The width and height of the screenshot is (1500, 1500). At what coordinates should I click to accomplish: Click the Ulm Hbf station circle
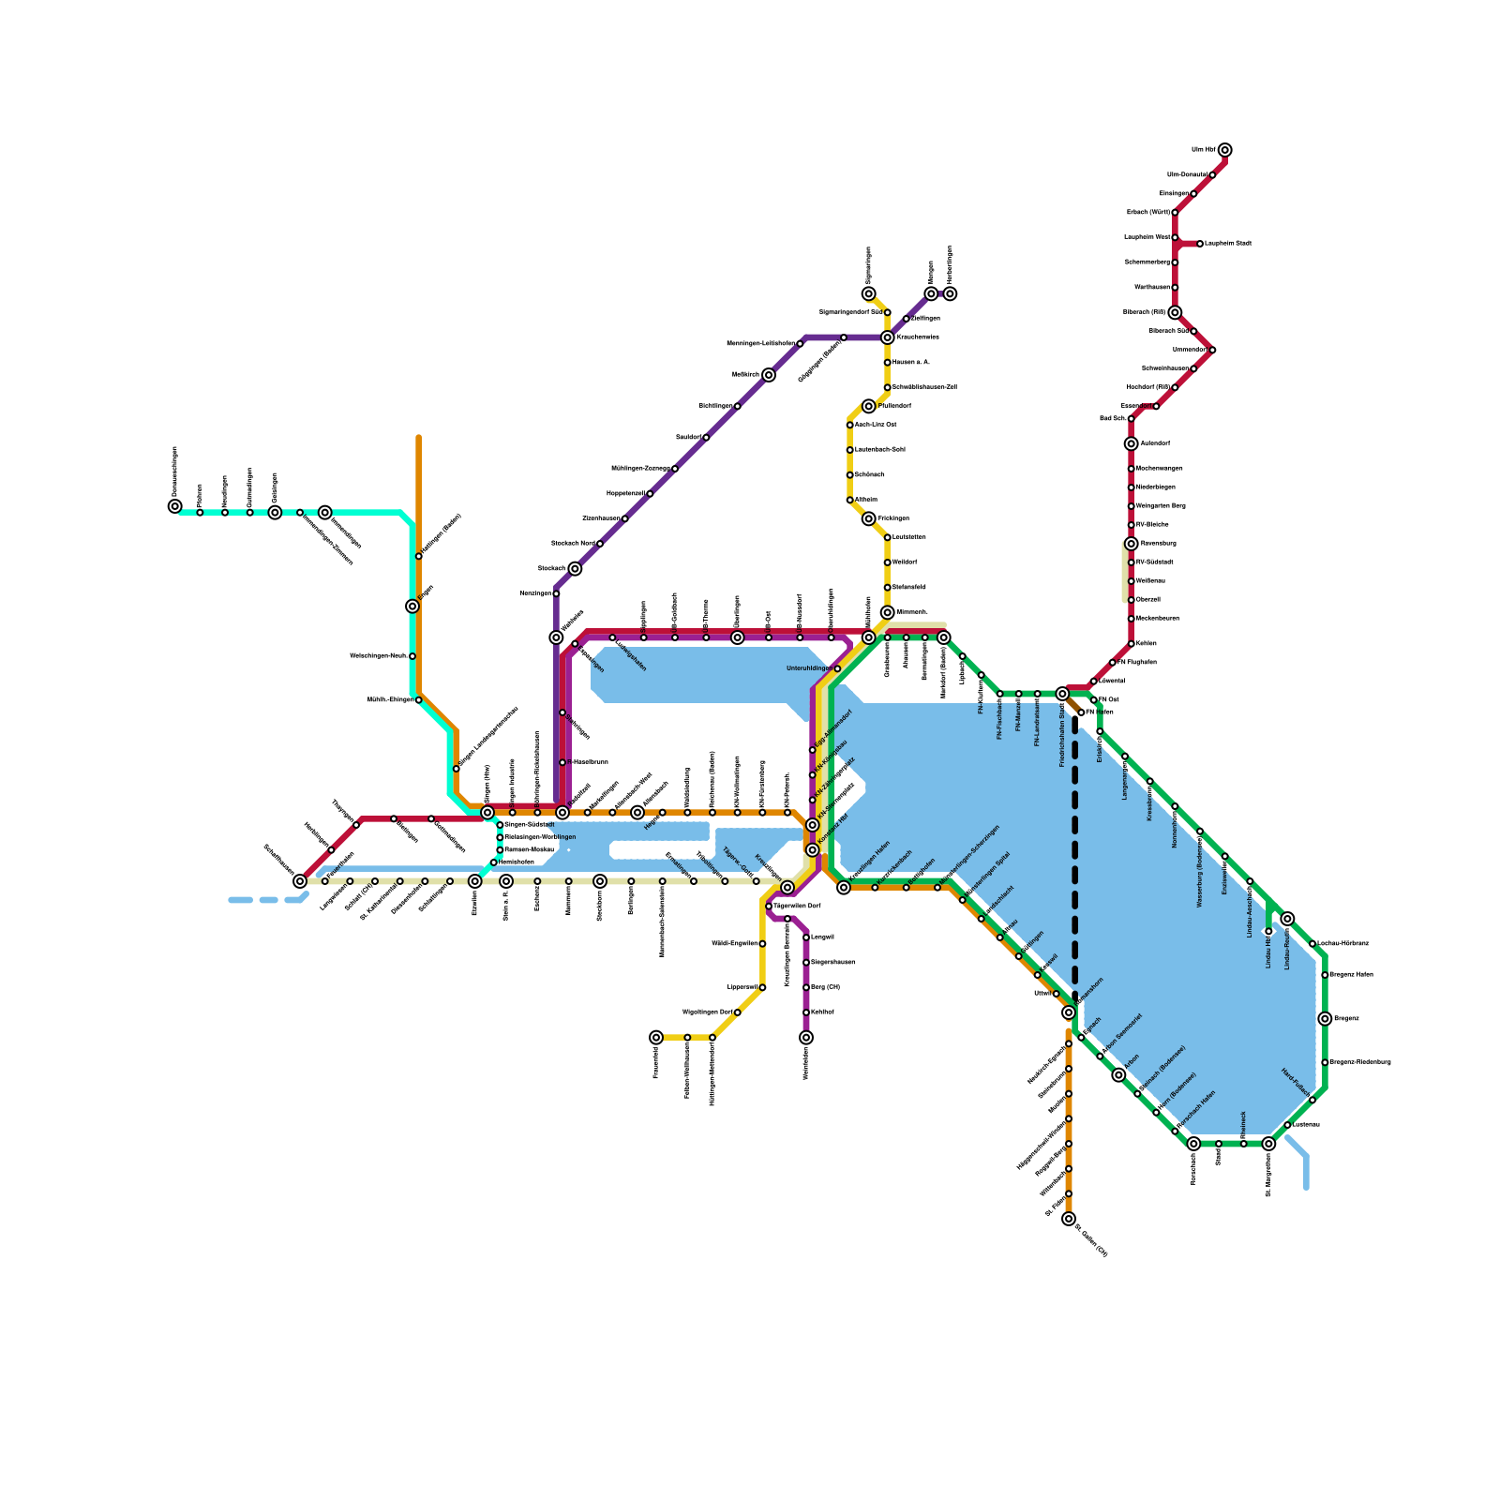(x=1224, y=150)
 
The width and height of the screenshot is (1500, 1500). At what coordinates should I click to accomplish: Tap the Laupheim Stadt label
(x=1228, y=244)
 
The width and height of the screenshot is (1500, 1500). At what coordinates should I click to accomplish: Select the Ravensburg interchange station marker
(x=1132, y=544)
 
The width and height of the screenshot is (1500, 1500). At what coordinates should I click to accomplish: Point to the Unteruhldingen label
(x=807, y=668)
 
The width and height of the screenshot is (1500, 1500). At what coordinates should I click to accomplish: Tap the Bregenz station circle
(x=1325, y=1019)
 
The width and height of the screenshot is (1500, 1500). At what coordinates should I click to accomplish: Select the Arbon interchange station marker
(x=1118, y=1075)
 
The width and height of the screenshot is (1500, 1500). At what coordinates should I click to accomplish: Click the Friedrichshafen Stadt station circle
(x=1062, y=694)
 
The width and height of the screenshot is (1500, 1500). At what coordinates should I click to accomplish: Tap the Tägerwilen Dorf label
(x=797, y=907)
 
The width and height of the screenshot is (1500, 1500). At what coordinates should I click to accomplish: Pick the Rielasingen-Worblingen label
(x=540, y=837)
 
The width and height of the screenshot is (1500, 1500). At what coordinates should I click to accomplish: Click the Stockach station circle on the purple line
(x=575, y=569)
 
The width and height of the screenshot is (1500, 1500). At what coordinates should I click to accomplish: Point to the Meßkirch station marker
(x=769, y=375)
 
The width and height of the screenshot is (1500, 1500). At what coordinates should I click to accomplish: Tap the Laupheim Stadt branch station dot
(x=1200, y=244)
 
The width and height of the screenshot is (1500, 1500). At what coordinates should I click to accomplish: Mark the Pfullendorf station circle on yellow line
(x=869, y=406)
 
